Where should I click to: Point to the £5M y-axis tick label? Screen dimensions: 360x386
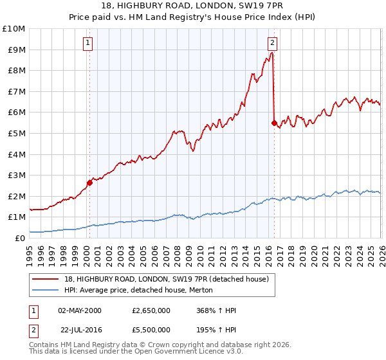15,133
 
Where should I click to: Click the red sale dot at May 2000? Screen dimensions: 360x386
90,183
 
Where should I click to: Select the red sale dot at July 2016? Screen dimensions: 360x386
275,123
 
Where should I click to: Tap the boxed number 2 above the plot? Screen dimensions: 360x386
272,43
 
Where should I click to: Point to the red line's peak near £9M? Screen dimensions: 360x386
272,53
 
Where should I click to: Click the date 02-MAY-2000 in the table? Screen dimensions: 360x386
79,310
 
